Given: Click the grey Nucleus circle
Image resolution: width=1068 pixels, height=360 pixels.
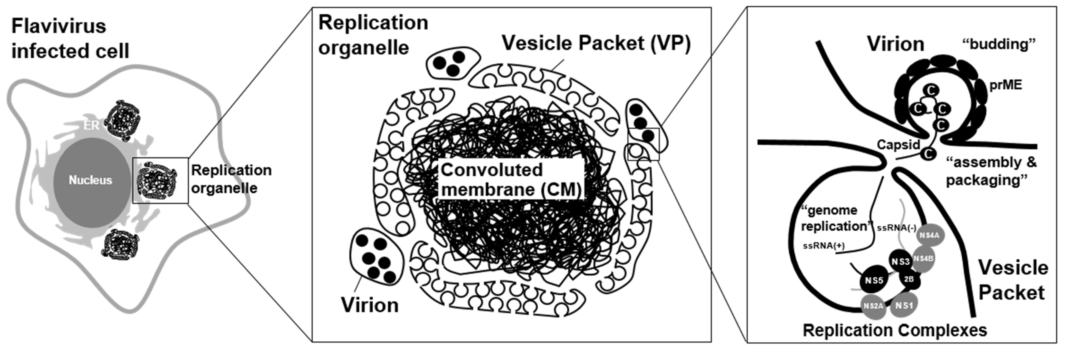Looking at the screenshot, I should pos(91,180).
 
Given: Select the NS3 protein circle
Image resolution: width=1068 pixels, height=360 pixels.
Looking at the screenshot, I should pos(900,261).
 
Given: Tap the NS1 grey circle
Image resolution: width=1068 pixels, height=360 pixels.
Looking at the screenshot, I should pos(904,306).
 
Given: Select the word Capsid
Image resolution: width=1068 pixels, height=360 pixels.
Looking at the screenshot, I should pos(899,145).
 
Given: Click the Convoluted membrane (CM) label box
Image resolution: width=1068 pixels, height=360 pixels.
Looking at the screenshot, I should pos(511,180).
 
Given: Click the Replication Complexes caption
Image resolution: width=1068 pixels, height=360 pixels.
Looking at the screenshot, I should pos(895,330).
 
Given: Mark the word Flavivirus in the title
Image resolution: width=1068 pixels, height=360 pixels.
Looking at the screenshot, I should pos(59,27).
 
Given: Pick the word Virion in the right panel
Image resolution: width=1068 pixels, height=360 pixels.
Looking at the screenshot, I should pos(896,44).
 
